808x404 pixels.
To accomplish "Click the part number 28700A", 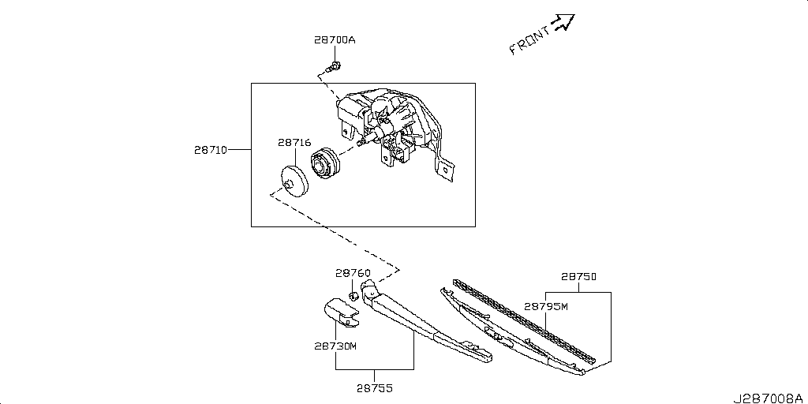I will (334, 40).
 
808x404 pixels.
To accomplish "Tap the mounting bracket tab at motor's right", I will (447, 172).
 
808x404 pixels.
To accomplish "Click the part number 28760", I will (353, 273).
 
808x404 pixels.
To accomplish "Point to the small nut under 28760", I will (354, 296).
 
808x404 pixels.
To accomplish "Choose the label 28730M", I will (335, 346).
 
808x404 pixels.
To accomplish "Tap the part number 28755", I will (374, 388).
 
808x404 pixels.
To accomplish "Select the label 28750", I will (578, 277).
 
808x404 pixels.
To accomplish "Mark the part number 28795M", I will (546, 306).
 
